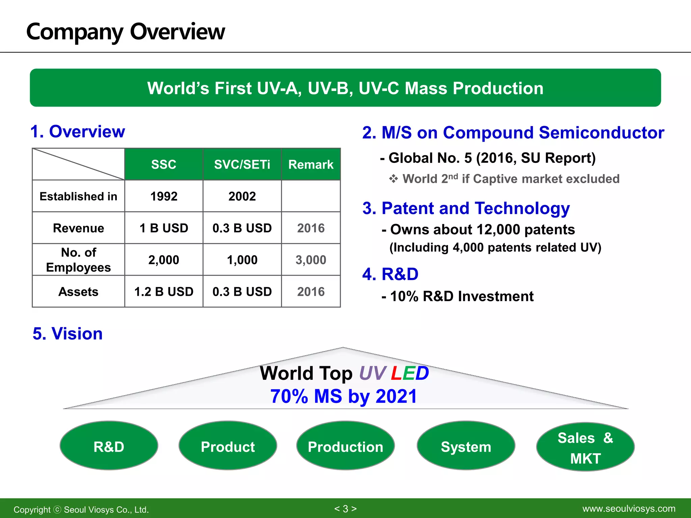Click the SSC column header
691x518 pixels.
point(164,164)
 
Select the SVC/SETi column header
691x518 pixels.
point(242,164)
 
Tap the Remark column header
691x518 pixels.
point(311,164)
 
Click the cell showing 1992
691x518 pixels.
point(164,196)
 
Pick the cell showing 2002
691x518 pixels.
point(242,196)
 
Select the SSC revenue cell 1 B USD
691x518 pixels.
point(164,228)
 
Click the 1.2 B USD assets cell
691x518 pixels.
point(164,291)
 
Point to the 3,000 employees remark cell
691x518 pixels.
point(311,260)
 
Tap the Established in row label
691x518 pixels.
point(78,196)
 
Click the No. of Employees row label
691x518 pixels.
point(78,260)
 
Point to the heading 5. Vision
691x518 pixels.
point(67,334)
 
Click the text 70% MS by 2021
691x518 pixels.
point(343,396)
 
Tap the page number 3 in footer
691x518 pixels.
point(345,509)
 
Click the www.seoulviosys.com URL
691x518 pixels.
point(629,509)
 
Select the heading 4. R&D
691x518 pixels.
point(390,274)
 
